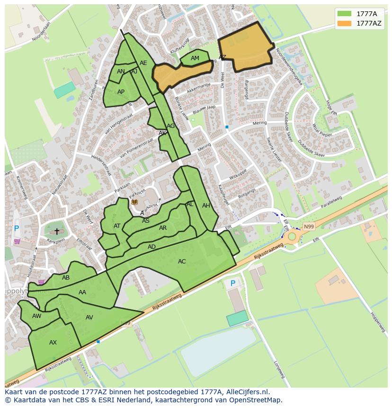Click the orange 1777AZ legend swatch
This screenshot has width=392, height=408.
click(x=344, y=23)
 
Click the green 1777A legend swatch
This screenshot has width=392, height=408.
click(x=344, y=13)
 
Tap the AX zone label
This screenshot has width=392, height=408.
click(x=53, y=343)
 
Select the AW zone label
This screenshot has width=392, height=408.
click(x=37, y=316)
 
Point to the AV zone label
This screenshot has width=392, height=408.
click(x=89, y=317)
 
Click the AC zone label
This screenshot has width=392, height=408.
click(x=182, y=262)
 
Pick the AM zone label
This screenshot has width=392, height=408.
click(x=195, y=59)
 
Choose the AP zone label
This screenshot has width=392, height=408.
click(x=121, y=92)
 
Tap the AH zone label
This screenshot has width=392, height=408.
click(x=206, y=206)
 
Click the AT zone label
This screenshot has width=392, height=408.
click(x=117, y=226)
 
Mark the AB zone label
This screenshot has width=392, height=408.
click(x=66, y=278)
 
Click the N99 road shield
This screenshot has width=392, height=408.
click(x=309, y=227)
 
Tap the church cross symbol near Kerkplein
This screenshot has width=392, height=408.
click(x=57, y=232)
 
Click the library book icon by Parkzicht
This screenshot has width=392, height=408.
click(x=134, y=202)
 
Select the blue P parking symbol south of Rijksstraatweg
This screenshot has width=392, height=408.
click(x=232, y=283)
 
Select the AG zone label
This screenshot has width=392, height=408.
click(x=171, y=126)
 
